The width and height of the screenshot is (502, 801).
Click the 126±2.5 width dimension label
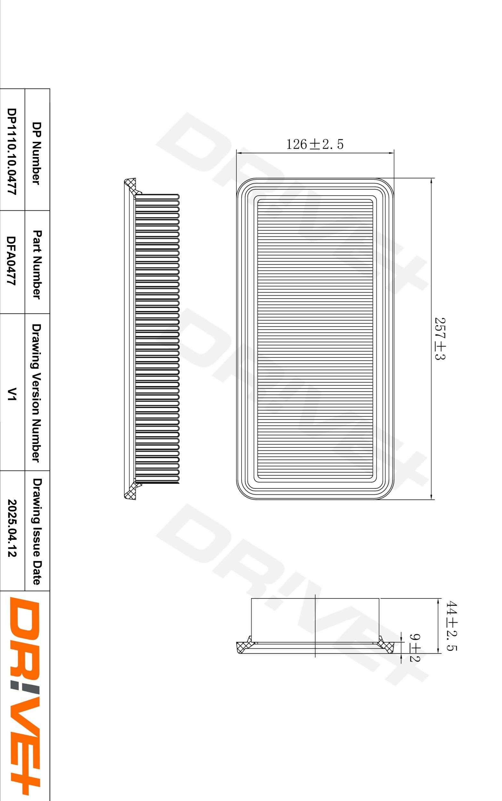point(315,144)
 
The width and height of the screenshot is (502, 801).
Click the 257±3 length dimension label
point(440,338)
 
